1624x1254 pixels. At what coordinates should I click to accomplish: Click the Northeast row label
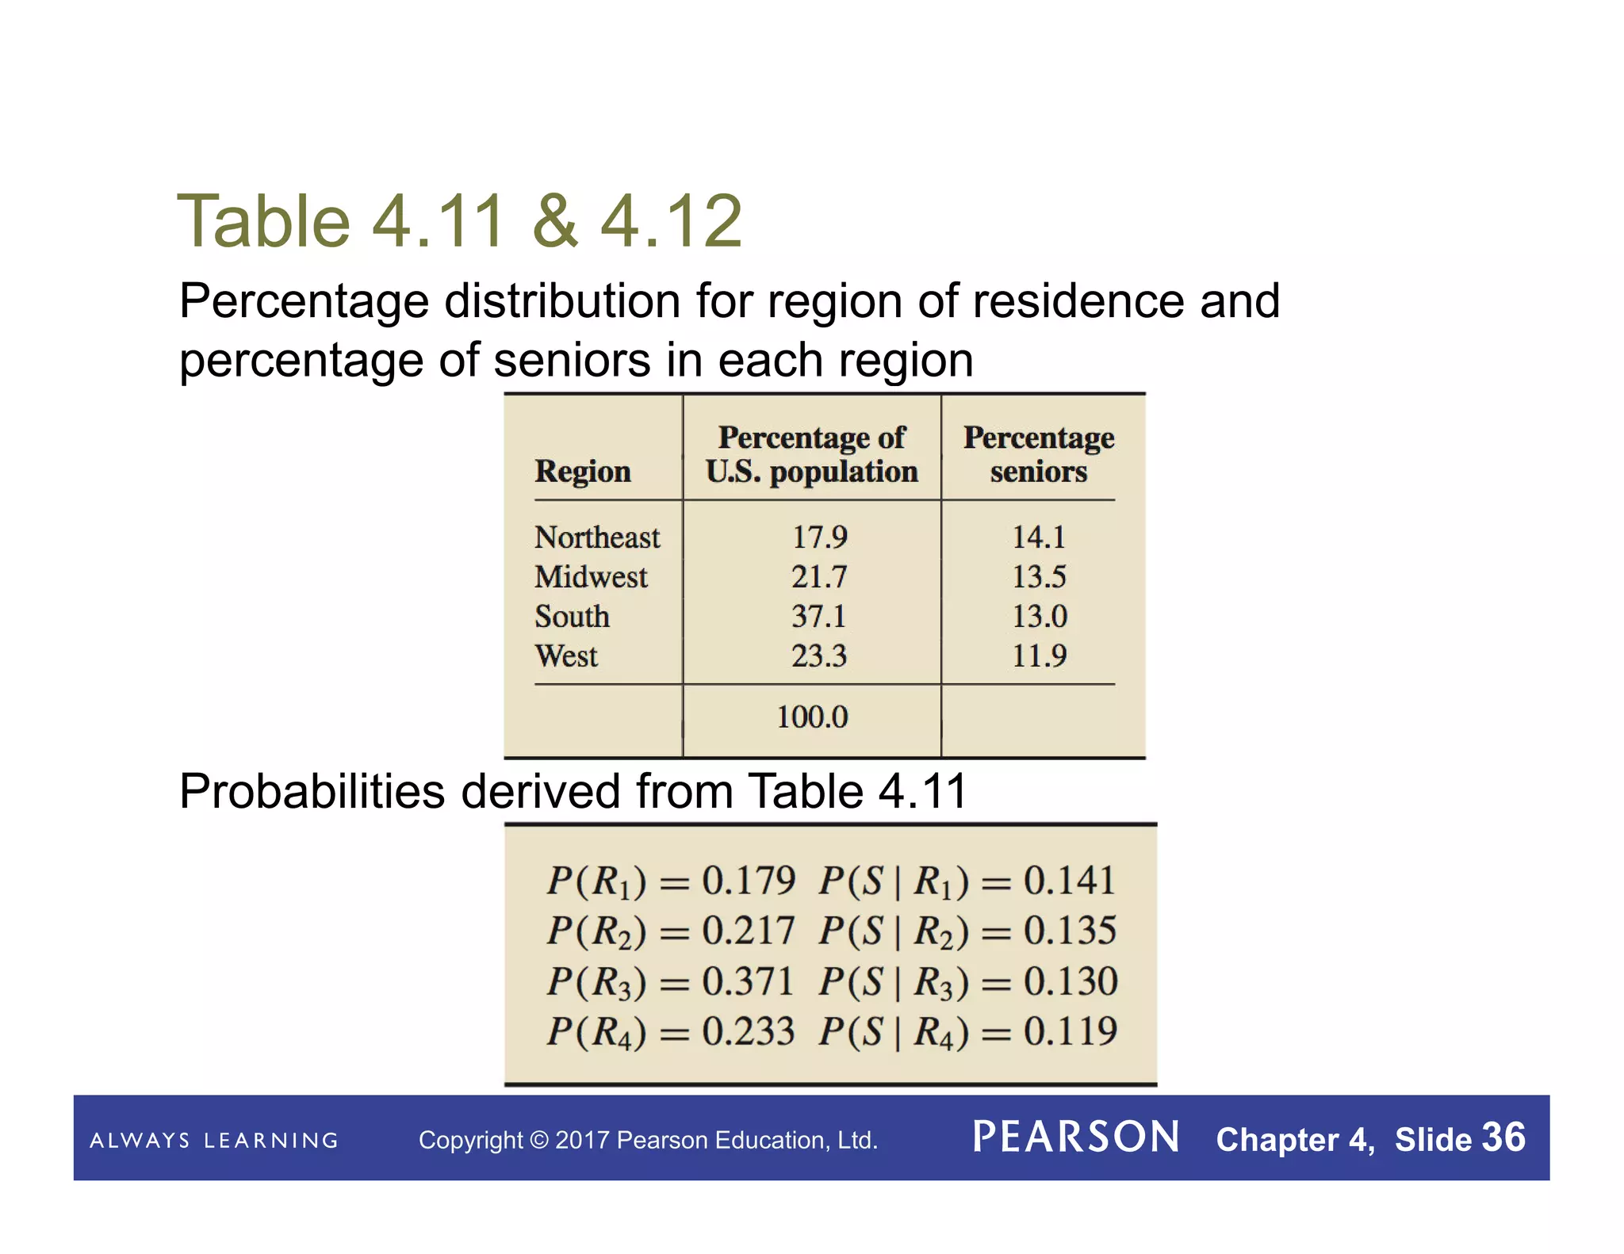(x=596, y=537)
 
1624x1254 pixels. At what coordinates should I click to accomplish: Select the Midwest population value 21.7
(x=819, y=576)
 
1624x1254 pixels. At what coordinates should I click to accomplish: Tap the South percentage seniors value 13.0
(x=1039, y=616)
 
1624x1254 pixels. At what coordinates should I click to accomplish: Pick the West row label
(x=566, y=656)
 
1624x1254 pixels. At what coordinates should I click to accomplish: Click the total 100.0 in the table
(x=812, y=717)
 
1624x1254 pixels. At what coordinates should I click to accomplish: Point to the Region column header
(x=583, y=471)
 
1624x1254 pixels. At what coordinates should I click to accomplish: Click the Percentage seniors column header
(x=1039, y=454)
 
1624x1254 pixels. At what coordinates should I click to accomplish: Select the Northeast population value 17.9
(x=819, y=537)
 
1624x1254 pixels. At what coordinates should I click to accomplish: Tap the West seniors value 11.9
(x=1039, y=656)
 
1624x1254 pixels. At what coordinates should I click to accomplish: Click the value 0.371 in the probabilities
(x=748, y=981)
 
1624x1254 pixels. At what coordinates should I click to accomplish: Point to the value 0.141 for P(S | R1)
(x=1070, y=881)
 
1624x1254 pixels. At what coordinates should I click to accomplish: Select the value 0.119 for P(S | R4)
(x=1070, y=1031)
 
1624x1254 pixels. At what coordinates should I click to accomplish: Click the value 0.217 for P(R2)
(x=748, y=931)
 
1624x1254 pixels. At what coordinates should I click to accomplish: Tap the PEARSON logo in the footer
(x=1076, y=1137)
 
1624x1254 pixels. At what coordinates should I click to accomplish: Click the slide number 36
(x=1503, y=1137)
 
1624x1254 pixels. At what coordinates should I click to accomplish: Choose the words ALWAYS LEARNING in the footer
(x=214, y=1141)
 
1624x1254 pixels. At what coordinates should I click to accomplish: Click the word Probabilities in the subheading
(x=312, y=791)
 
